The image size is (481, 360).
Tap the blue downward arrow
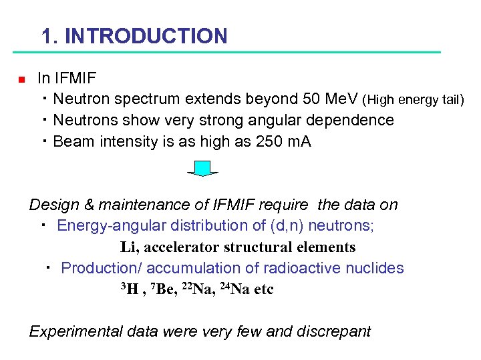(202, 169)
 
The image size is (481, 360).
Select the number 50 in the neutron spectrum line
(311, 99)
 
